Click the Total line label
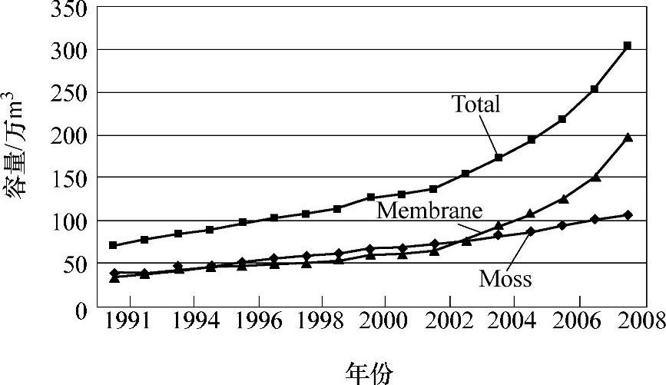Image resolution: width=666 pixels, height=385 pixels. click(x=475, y=105)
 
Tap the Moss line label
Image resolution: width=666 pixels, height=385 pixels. click(x=505, y=278)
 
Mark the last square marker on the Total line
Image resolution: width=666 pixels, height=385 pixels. click(x=627, y=46)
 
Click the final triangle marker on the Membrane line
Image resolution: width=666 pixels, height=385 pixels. click(x=627, y=138)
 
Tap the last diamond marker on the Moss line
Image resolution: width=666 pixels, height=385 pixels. click(x=627, y=214)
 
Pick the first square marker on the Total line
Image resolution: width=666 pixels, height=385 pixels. click(x=113, y=245)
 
